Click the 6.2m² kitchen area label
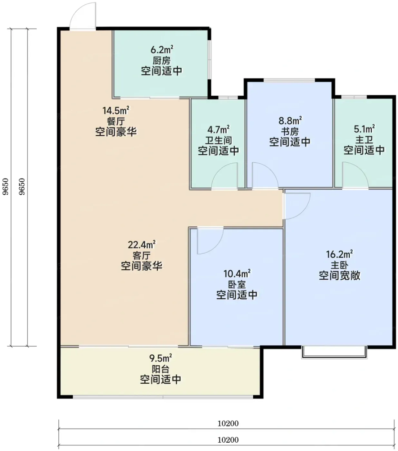pos(162,49)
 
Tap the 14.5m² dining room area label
pos(116,110)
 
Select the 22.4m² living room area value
pos(142,245)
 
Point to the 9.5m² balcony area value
pos(160,358)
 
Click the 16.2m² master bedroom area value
pos(339,254)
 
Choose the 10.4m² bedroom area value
pos(237,273)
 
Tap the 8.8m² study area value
pos(290,120)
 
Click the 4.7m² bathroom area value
pos(218,129)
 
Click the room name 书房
pos(290,131)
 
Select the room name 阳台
pos(160,369)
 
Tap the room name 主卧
pos(339,265)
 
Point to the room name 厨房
pos(162,61)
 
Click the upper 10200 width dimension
pos(228,423)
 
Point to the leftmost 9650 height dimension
pos(5,187)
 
